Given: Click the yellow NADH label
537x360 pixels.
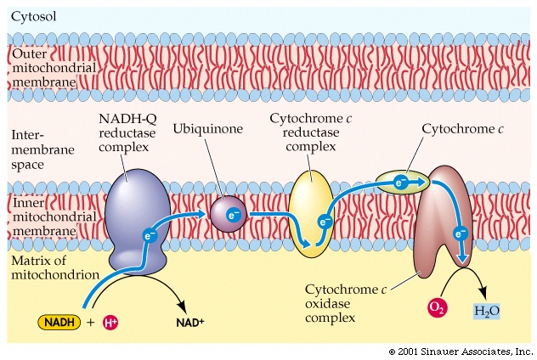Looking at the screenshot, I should [x=59, y=323].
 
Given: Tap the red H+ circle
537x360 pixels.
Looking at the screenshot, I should [x=109, y=323].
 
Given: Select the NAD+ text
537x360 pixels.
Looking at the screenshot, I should [x=191, y=323].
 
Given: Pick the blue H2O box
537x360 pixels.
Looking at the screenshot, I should [x=486, y=312].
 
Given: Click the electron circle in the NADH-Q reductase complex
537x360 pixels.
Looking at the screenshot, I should [x=150, y=235].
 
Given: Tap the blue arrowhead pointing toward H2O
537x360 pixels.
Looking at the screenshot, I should [x=463, y=260].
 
